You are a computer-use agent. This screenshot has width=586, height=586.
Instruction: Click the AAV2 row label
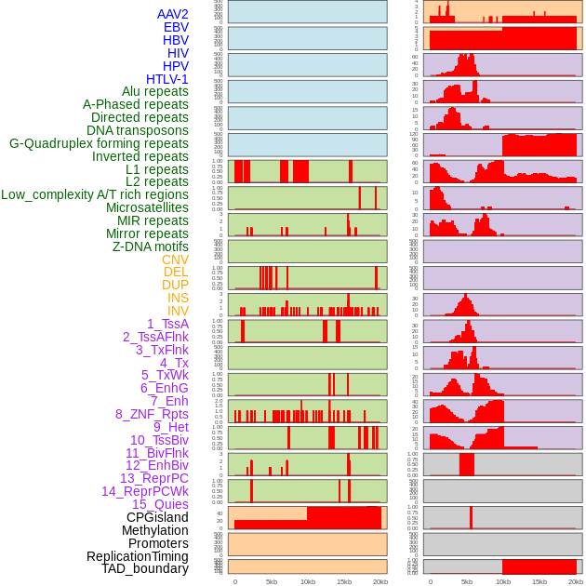(x=172, y=14)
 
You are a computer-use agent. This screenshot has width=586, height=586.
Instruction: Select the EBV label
(x=176, y=27)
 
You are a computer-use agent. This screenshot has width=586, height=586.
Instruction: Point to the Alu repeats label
(x=154, y=91)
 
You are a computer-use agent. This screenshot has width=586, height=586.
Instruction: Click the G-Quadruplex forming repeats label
(x=99, y=143)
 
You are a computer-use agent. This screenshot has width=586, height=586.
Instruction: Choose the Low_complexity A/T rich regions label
(x=95, y=194)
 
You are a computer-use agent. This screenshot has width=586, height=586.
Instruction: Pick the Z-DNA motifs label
(x=150, y=246)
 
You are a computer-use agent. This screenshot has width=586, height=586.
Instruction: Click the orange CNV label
(x=175, y=260)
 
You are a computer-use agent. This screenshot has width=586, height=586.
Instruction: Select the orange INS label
(x=178, y=298)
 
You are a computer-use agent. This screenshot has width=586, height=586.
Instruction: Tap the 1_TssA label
(x=167, y=324)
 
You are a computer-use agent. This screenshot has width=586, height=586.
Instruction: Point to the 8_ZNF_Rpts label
(x=152, y=414)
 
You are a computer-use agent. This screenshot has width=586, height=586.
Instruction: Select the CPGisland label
(x=157, y=517)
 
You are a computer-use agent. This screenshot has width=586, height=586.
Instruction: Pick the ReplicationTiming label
(x=138, y=556)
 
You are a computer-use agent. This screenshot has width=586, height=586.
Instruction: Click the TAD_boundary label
(x=145, y=568)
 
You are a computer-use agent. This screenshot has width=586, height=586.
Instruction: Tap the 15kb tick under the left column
(x=344, y=581)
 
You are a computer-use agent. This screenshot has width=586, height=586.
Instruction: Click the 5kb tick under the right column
(x=467, y=581)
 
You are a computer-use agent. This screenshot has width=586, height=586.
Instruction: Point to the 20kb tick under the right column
(x=576, y=581)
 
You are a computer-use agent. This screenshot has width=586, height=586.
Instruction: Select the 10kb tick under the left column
(x=308, y=581)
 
